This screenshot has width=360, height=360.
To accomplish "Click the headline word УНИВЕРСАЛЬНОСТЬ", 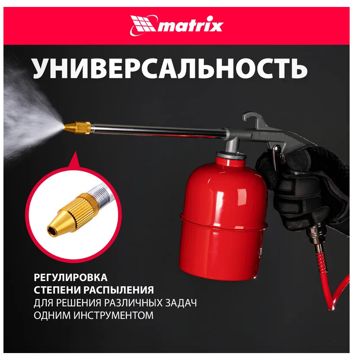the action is point(170,68).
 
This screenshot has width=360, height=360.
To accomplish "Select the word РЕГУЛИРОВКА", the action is point(71,277).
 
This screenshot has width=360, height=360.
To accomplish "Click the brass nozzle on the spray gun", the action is point(77,128).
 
